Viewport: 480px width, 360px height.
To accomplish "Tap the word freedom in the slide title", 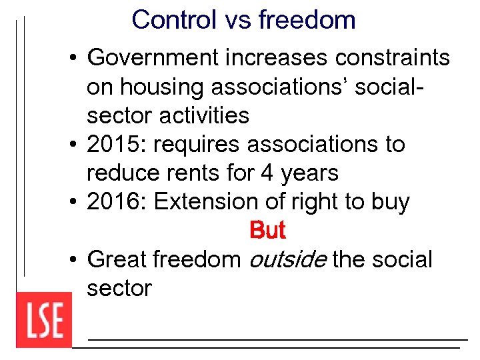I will (x=307, y=20).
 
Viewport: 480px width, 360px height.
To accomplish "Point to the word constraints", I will (x=393, y=59).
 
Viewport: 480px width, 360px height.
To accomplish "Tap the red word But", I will (x=267, y=231).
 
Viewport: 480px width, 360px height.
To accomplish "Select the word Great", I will (x=117, y=259).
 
